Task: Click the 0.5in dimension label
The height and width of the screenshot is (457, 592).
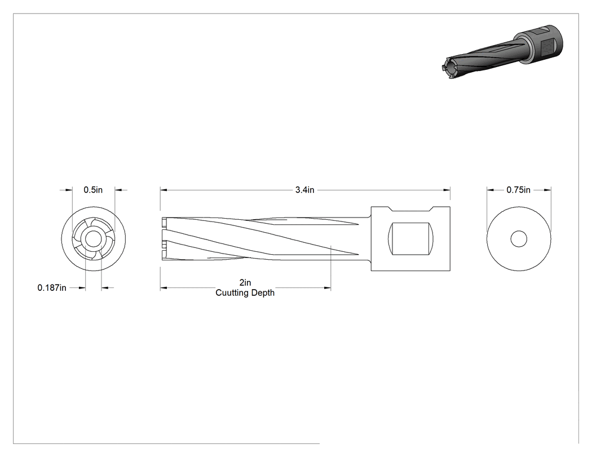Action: point(93,190)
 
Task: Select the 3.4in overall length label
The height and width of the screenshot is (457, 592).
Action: point(304,190)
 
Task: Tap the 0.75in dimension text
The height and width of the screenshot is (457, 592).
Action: point(518,190)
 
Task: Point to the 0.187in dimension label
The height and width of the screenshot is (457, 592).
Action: point(52,288)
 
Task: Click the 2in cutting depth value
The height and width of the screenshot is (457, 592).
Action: point(245,283)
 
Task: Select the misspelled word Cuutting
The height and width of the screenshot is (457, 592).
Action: point(231,293)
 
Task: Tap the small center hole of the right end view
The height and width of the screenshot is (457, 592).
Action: point(519,239)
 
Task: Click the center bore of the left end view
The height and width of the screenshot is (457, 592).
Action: point(93,239)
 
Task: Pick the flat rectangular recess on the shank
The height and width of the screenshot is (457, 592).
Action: point(411,238)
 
